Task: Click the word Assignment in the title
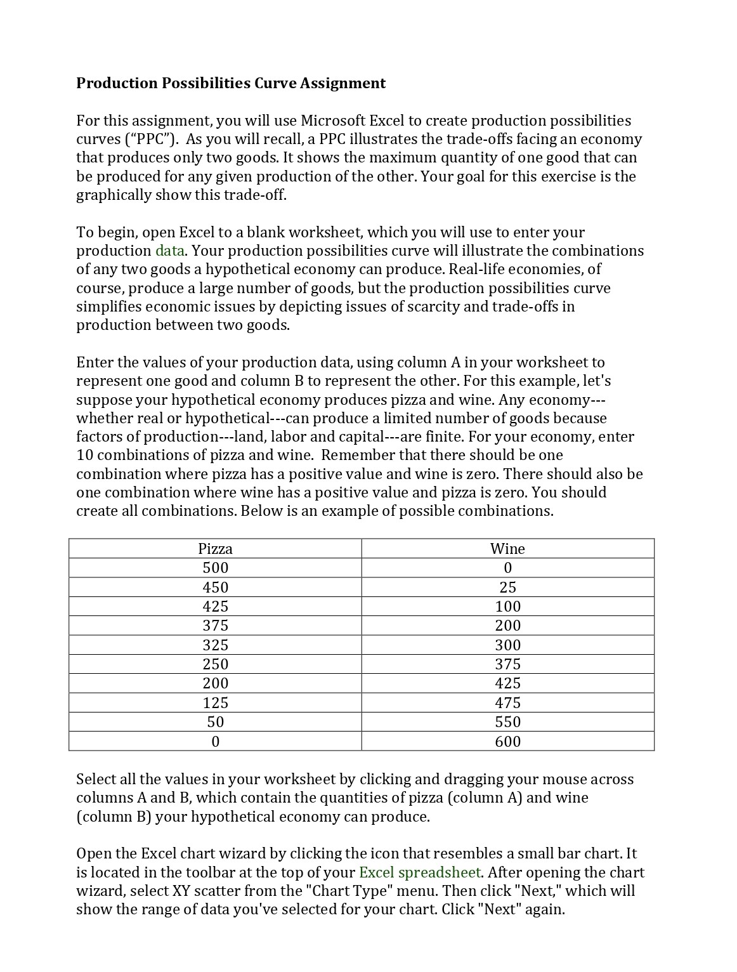point(342,83)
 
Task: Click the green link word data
point(169,251)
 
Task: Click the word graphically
point(112,195)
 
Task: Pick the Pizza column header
point(215,549)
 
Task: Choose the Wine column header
point(507,549)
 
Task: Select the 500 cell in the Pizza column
point(215,568)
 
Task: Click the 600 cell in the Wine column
point(507,741)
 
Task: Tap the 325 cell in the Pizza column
point(215,645)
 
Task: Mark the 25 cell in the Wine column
point(507,587)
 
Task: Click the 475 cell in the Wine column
point(507,702)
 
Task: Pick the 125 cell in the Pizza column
point(215,702)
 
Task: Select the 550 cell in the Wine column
point(507,722)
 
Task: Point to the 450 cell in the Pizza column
point(215,587)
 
